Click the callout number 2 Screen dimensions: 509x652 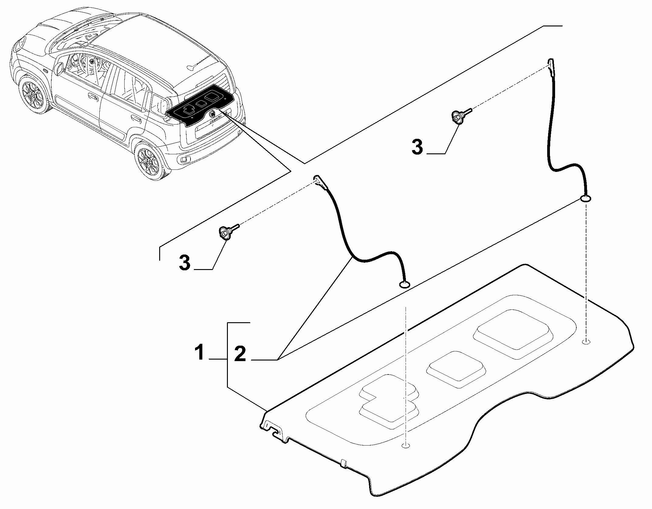click(240, 354)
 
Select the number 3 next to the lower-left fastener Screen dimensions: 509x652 click(184, 263)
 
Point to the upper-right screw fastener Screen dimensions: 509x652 click(459, 116)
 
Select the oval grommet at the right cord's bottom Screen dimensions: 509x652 click(585, 199)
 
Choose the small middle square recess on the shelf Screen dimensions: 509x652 click(456, 369)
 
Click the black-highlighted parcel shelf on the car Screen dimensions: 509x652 click(201, 105)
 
